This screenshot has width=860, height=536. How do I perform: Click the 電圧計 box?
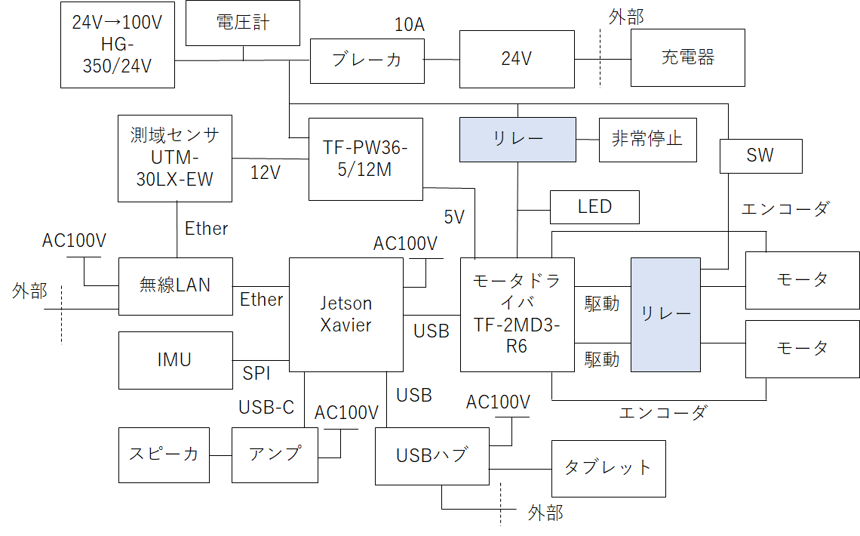pyautogui.click(x=242, y=23)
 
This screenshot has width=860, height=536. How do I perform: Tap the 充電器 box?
pyautogui.click(x=687, y=57)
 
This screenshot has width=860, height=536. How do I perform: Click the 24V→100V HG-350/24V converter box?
pyautogui.click(x=117, y=45)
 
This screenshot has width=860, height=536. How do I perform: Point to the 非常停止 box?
pyautogui.click(x=647, y=140)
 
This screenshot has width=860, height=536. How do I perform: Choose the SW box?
pyautogui.click(x=760, y=156)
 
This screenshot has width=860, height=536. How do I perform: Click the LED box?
pyautogui.click(x=594, y=207)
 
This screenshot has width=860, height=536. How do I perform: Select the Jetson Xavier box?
pyautogui.click(x=346, y=314)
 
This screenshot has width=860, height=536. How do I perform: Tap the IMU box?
pyautogui.click(x=175, y=360)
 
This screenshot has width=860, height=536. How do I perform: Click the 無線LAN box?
pyautogui.click(x=175, y=286)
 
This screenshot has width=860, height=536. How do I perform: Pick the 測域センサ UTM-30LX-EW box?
pyautogui.click(x=175, y=158)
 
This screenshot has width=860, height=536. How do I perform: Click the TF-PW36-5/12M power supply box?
pyautogui.click(x=366, y=159)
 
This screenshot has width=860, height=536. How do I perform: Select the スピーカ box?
pyautogui.click(x=164, y=454)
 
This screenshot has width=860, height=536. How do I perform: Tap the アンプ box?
pyautogui.click(x=275, y=454)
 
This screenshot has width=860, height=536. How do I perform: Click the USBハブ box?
pyautogui.click(x=432, y=455)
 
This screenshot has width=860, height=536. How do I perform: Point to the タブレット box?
pyautogui.click(x=608, y=468)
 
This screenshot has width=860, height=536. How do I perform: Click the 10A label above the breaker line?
pyautogui.click(x=410, y=25)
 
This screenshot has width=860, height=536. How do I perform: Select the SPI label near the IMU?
pyautogui.click(x=256, y=373)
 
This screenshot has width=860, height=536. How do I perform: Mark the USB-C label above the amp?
pyautogui.click(x=266, y=407)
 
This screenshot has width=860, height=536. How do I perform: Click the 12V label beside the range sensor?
pyautogui.click(x=266, y=173)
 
